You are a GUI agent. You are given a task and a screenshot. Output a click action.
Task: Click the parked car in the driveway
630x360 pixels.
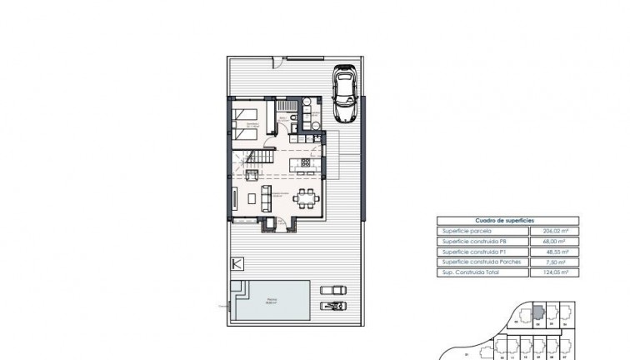[344, 94]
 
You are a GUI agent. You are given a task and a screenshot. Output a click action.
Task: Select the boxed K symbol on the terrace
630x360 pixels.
[237, 264]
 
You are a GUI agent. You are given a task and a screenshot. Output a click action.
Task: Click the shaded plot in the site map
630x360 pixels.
[538, 311]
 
